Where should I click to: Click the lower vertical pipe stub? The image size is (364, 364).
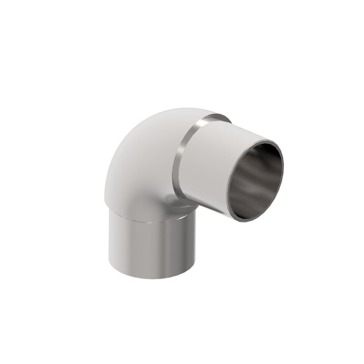point(151,245)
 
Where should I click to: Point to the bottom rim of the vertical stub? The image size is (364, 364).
point(152,276)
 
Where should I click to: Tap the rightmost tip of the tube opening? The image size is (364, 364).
point(283,165)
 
